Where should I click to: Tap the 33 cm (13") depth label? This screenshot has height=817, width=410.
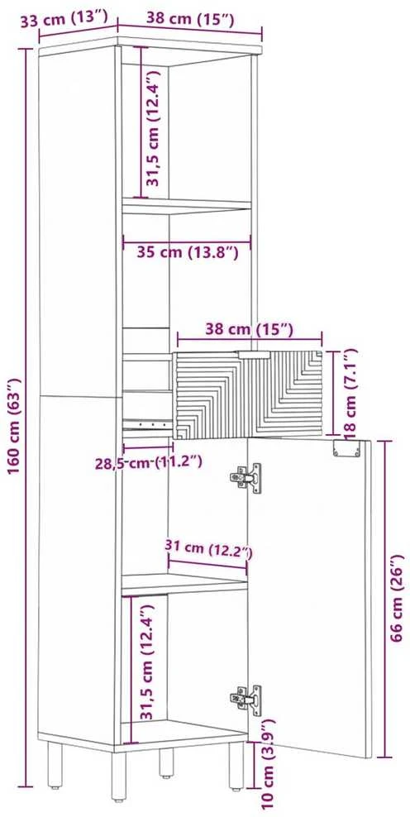[x=64, y=21]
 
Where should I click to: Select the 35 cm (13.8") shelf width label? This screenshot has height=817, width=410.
[x=188, y=253]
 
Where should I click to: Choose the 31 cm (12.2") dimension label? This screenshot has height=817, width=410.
[x=208, y=548]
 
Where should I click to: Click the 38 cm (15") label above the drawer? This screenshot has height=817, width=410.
[x=249, y=330]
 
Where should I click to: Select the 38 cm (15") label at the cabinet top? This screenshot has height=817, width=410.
[x=189, y=20]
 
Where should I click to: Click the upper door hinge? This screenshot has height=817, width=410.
[x=246, y=476]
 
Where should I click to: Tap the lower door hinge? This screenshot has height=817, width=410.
[x=246, y=698]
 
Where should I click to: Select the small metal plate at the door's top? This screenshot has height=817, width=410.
[x=346, y=448]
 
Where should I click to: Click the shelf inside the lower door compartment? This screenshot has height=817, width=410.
[x=184, y=585]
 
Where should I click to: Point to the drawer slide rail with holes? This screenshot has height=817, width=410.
[x=147, y=424]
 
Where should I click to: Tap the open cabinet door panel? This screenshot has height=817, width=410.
[x=309, y=596]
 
